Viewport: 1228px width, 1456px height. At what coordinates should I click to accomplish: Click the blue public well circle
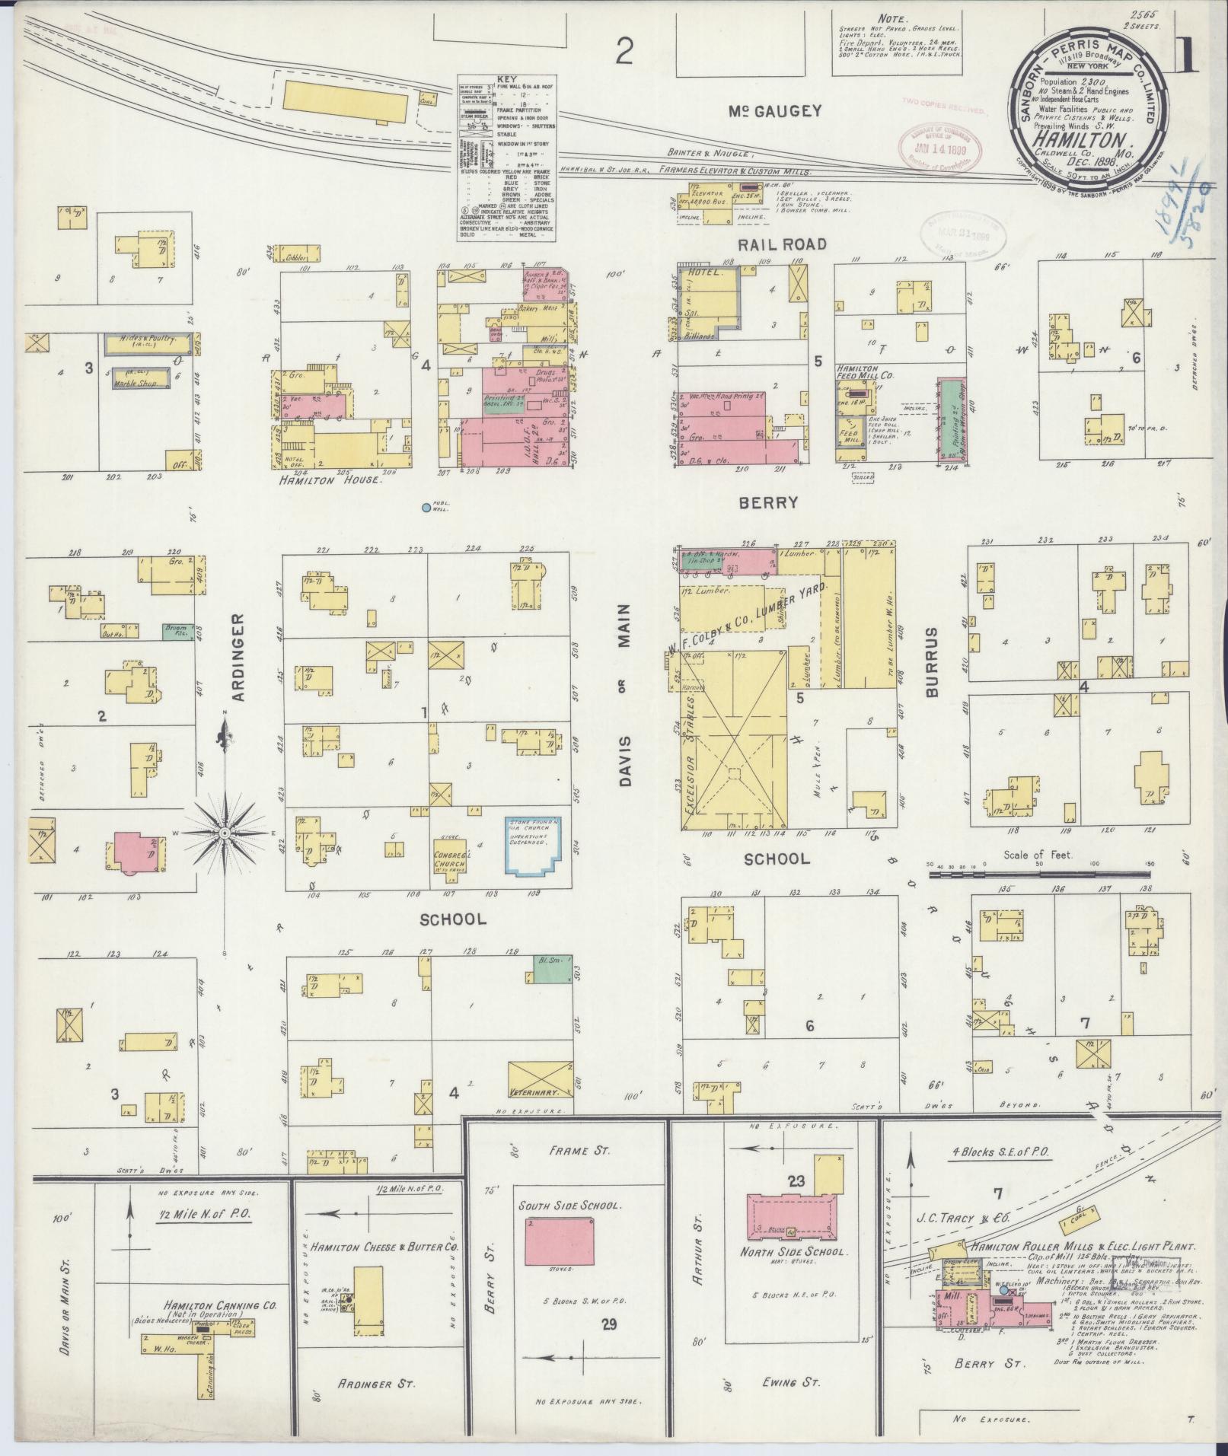tap(426, 508)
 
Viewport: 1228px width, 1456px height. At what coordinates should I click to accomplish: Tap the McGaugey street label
tap(775, 111)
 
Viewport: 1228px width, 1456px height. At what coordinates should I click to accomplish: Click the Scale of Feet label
tap(1037, 855)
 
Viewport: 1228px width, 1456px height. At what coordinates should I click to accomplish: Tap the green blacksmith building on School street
tap(551, 967)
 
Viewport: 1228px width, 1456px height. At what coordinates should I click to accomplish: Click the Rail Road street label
tap(781, 244)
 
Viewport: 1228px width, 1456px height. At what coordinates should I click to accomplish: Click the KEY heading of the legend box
tap(506, 79)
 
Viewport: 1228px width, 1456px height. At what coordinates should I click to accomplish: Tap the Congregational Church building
tap(449, 853)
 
